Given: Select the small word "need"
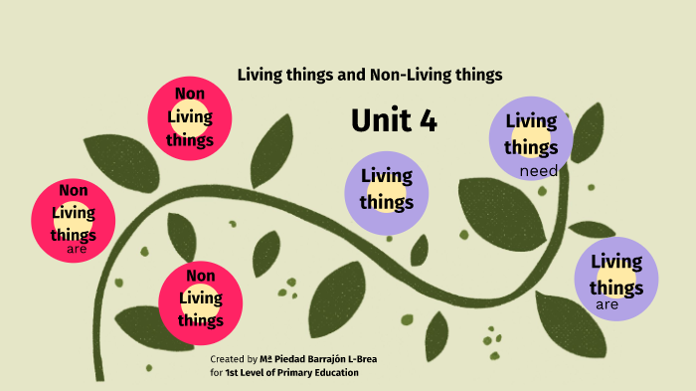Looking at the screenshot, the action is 538,171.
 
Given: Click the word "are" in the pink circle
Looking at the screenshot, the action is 77,248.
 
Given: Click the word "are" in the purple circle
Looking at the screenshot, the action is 608,304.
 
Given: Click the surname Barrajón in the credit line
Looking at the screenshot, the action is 325,358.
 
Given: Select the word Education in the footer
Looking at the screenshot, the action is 334,372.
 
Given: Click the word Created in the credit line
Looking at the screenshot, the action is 227,358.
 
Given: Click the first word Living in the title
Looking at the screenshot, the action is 259,75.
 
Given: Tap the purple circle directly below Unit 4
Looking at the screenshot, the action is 386,189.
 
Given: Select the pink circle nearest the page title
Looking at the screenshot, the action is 190,116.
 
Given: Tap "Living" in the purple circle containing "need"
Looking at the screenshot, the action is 531,121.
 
